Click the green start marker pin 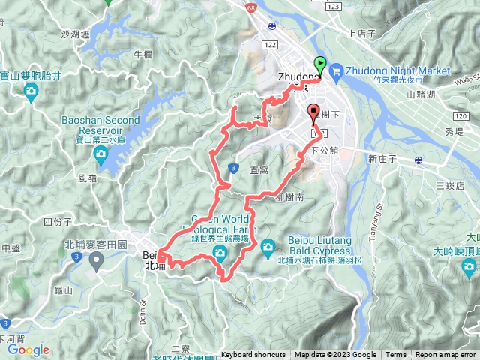point(320,64)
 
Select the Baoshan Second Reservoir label point(101,125)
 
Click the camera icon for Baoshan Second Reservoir point(100,154)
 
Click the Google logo point(28,349)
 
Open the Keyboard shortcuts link point(254,355)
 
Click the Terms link point(396,355)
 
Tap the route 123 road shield point(334,6)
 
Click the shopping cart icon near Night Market point(335,71)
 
